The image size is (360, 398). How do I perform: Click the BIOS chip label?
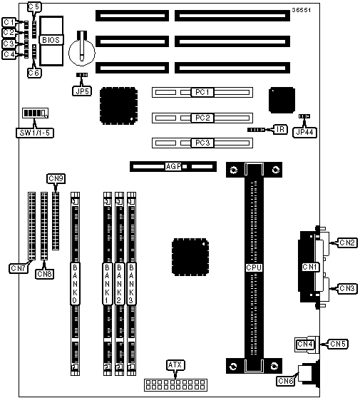51,40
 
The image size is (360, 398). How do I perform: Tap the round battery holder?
82,51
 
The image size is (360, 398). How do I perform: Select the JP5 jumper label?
82,91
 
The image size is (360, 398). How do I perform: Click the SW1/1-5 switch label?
35,133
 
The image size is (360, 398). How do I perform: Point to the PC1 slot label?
202,92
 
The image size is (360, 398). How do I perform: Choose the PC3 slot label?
202,143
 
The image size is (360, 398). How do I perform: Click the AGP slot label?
173,166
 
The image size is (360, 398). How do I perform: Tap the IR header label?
280,129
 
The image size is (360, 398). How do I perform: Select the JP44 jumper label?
304,132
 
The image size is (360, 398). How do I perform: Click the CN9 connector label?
56,178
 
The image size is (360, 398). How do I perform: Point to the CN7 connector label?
18,268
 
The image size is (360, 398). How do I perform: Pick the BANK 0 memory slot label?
75,284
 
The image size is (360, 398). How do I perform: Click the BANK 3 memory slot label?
131,284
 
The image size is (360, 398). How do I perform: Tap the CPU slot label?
254,267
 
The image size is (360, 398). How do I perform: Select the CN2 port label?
346,243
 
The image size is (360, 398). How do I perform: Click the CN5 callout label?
338,344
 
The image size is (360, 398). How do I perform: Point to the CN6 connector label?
285,381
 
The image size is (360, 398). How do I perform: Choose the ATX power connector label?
175,365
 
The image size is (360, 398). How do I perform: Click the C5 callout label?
34,7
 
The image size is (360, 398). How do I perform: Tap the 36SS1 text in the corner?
301,10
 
